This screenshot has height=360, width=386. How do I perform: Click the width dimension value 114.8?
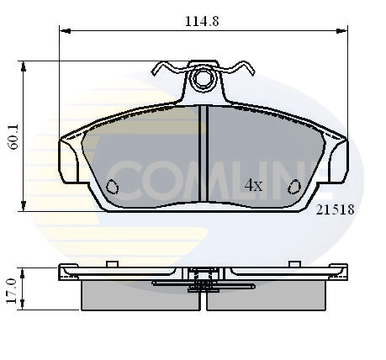[202, 22]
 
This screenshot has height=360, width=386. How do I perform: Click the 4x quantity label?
[253, 185]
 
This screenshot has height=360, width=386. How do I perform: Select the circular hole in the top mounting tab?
[202, 80]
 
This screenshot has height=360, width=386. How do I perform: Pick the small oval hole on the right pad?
[294, 186]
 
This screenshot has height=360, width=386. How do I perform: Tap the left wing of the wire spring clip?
[168, 68]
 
